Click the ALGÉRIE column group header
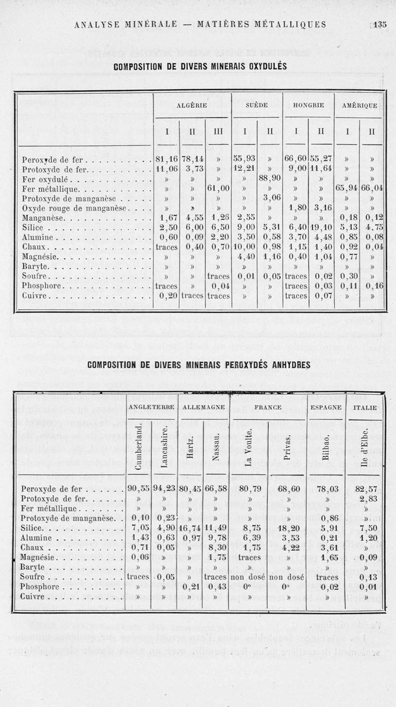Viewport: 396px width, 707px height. [x=192, y=105]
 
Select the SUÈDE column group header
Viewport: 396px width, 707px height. [x=256, y=105]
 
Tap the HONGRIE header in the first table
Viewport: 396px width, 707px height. [x=308, y=105]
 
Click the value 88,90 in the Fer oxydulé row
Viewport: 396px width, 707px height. [x=270, y=179]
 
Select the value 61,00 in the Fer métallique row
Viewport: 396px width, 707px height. [x=218, y=189]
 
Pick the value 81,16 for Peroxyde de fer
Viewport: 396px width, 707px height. [x=166, y=160]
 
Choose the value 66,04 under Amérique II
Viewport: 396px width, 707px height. [x=373, y=189]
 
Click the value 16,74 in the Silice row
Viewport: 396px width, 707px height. [x=191, y=528]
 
